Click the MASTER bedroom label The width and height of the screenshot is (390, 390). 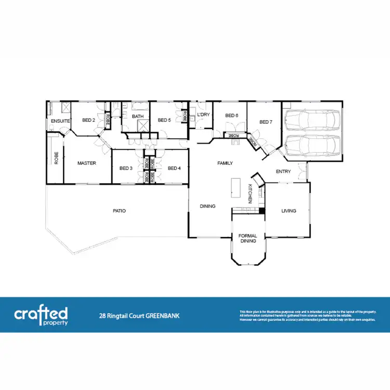click(87, 163)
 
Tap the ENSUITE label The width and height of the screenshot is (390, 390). click(60, 121)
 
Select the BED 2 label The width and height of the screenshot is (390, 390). click(88, 120)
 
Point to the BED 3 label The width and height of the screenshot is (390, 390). click(126, 168)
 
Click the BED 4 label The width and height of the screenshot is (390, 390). click(174, 168)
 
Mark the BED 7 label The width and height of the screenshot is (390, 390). click(266, 122)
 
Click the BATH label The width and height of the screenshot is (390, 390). click(138, 116)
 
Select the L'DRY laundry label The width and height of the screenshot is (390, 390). click(203, 114)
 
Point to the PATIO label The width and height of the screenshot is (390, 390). click(120, 211)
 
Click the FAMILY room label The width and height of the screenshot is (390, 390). click(225, 163)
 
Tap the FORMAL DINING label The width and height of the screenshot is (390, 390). click(248, 238)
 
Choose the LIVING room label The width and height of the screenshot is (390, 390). click(289, 211)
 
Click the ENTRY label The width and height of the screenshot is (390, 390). click(283, 172)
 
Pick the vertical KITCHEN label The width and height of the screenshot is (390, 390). click(250, 193)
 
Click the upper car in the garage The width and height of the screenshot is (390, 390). click(311, 121)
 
